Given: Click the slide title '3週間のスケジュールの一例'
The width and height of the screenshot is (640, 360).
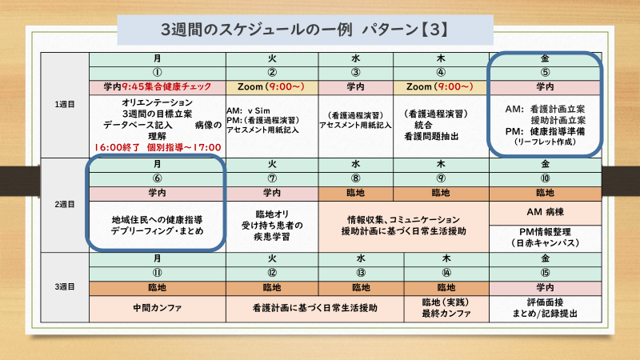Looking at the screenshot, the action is [x=257, y=30].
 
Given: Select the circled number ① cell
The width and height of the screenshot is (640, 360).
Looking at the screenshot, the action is [x=158, y=73].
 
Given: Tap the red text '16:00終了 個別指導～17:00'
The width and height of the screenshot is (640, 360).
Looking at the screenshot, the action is [x=158, y=147].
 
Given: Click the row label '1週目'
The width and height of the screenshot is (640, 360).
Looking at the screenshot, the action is [x=65, y=105].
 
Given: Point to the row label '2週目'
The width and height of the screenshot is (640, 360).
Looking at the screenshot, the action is [x=65, y=205].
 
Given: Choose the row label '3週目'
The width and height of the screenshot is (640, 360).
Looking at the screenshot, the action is [x=65, y=287].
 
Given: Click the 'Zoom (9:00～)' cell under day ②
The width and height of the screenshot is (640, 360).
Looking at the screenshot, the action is [x=272, y=87].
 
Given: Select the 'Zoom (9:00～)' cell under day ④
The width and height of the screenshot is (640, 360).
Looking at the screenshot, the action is [x=441, y=87].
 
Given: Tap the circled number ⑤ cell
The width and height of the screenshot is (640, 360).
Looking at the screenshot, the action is [x=546, y=73].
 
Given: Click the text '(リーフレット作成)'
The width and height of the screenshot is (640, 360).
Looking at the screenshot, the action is [x=546, y=142].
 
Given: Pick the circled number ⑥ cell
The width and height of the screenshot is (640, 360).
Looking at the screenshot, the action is [x=158, y=178].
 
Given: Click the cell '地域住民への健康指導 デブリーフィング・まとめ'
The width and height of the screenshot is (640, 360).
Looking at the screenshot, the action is [x=158, y=226].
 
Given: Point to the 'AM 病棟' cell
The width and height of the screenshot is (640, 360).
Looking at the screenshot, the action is [x=546, y=213].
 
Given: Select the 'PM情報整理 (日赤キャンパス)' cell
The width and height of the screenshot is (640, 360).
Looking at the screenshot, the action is [x=546, y=238].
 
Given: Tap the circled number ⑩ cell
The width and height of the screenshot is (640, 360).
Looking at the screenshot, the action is [x=546, y=178].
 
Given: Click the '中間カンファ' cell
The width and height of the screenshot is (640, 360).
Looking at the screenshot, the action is [x=158, y=308].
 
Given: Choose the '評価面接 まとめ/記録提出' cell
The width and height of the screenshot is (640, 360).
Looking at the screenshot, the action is [x=546, y=308].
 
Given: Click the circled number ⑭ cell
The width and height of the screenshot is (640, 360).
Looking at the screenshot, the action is [x=446, y=273].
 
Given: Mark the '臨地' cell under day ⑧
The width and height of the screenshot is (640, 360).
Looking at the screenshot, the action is [x=355, y=194].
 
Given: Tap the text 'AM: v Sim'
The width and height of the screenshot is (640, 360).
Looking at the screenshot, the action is [x=248, y=111].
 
